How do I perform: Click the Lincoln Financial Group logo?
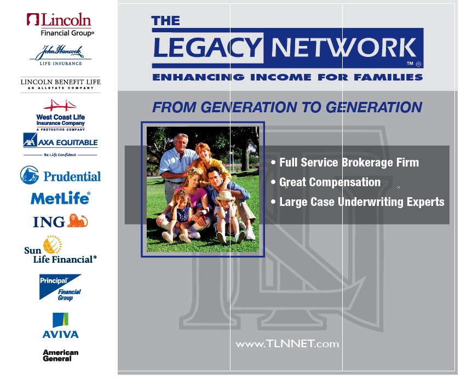click(x=60, y=25)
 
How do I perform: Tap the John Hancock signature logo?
click(x=60, y=55)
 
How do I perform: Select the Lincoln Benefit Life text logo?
click(x=60, y=84)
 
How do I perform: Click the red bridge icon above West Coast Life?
click(x=60, y=105)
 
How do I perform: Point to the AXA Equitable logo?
click(x=60, y=145)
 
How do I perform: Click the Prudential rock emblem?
click(x=30, y=175)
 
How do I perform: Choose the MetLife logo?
click(x=60, y=198)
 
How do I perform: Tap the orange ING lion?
click(x=77, y=221)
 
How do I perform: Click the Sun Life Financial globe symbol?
click(x=53, y=244)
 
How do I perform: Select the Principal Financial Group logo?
click(x=60, y=288)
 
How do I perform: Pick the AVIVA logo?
click(x=60, y=325)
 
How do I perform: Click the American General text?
click(x=60, y=355)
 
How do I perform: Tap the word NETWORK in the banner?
click(x=343, y=48)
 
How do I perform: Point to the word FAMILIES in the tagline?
click(x=388, y=77)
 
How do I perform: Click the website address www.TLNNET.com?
click(x=287, y=343)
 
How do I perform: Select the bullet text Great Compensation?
click(x=330, y=182)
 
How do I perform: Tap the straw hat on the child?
click(x=225, y=195)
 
